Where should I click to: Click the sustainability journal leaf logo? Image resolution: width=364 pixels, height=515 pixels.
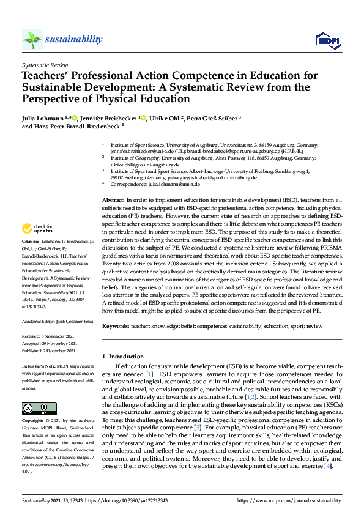click(32, 40)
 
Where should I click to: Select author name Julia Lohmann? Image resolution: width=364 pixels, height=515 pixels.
click(42, 117)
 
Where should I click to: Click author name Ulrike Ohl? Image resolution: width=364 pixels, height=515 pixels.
click(165, 117)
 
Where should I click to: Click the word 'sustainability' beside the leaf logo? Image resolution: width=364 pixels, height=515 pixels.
click(73, 39)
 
